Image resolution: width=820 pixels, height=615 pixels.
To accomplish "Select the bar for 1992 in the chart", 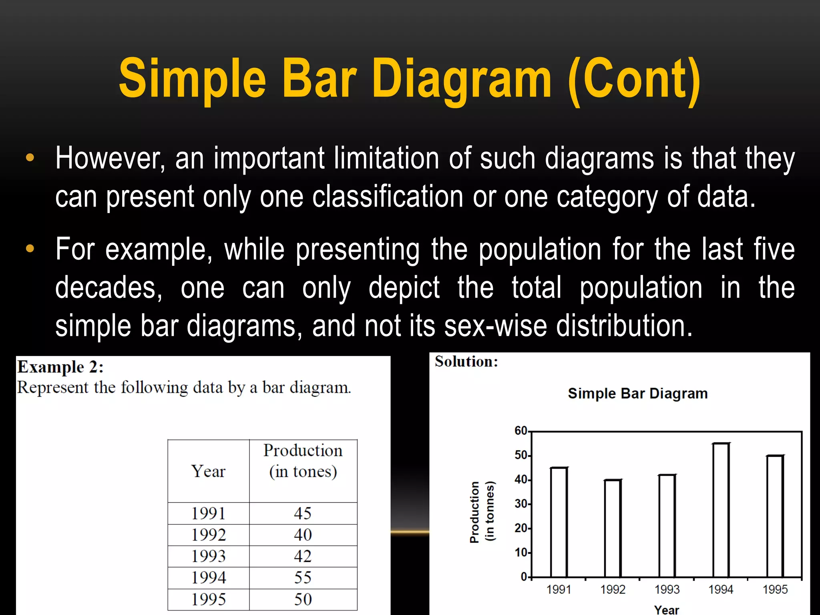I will [x=613, y=528].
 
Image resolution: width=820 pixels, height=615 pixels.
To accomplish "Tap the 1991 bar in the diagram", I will [x=559, y=522].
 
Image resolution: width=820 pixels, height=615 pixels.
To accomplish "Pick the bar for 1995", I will [x=775, y=516].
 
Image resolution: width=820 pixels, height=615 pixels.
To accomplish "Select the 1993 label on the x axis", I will [x=667, y=589].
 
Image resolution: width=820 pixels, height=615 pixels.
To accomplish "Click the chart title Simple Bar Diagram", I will [x=638, y=394].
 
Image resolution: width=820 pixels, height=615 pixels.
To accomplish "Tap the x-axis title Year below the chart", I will [x=667, y=610].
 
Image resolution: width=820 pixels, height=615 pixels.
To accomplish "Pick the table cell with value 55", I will [x=303, y=578].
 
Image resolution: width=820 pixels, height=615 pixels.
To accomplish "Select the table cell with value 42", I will [x=303, y=556].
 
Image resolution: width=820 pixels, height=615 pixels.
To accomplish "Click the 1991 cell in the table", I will [x=209, y=513].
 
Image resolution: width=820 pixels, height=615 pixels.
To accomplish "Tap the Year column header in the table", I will [x=209, y=471].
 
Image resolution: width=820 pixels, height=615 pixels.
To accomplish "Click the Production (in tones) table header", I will [x=303, y=461].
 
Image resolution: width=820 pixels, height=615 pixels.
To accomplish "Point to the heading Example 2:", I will [x=60, y=367].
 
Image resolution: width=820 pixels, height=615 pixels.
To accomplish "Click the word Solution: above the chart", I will [x=466, y=362].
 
